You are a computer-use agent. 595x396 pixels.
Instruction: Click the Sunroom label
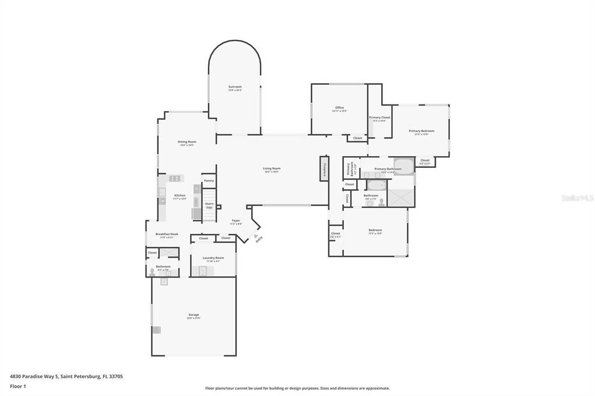tap(235, 87)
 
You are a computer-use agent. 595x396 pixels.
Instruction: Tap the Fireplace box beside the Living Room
tap(324, 169)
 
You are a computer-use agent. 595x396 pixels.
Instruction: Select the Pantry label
tap(209, 181)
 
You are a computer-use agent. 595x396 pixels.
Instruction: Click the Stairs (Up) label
tap(209, 205)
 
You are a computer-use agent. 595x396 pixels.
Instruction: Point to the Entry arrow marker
tap(255, 236)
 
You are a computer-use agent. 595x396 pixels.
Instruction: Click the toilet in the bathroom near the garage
tap(152, 272)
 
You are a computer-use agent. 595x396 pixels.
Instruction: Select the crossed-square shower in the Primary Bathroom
tap(402, 198)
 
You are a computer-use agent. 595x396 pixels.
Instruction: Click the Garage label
tap(193, 315)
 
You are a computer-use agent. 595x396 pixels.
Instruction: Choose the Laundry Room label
tap(213, 258)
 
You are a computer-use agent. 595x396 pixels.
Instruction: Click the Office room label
tap(339, 107)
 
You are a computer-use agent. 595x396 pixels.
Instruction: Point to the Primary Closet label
tap(379, 117)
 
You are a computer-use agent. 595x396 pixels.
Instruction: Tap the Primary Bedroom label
tap(421, 131)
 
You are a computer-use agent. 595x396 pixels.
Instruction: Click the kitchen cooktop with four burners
tap(174, 178)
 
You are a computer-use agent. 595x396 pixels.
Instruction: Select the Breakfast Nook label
tap(167, 234)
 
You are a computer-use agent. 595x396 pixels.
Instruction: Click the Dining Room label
tap(187, 142)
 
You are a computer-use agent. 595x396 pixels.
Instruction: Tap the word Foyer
tap(236, 221)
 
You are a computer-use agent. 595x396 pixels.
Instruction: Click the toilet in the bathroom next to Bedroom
tap(381, 202)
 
